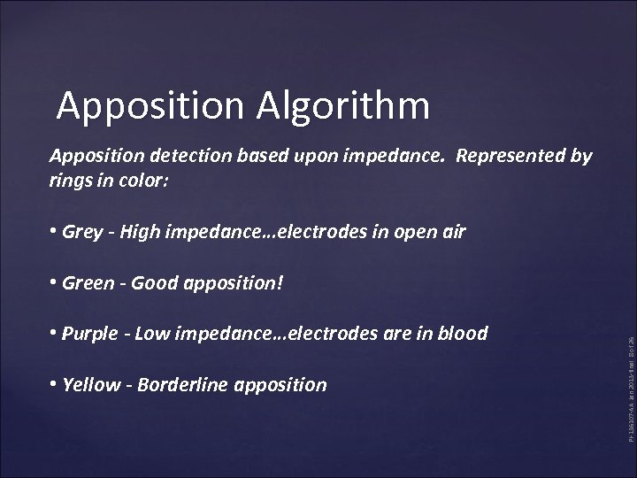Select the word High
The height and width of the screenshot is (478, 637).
(141, 232)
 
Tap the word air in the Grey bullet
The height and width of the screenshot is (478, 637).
(451, 232)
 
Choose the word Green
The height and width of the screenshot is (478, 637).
(88, 283)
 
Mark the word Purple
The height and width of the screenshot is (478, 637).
(90, 334)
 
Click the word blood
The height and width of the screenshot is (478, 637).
(464, 334)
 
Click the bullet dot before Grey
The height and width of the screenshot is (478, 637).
(55, 232)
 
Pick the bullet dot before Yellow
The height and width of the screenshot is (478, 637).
(55, 385)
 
